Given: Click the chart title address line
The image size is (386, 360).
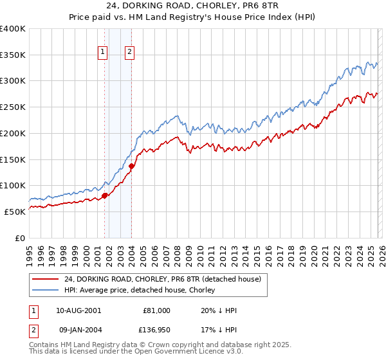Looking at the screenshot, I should click(192, 6).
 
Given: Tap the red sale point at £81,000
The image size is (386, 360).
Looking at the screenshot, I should click(104, 195).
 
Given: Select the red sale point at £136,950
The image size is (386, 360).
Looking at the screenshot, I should click(131, 166).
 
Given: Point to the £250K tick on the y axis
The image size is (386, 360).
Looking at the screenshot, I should click(14, 107).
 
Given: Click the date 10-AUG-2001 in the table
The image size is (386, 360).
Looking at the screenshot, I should click(78, 310).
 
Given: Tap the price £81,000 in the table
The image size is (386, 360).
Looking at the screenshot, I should click(156, 310).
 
